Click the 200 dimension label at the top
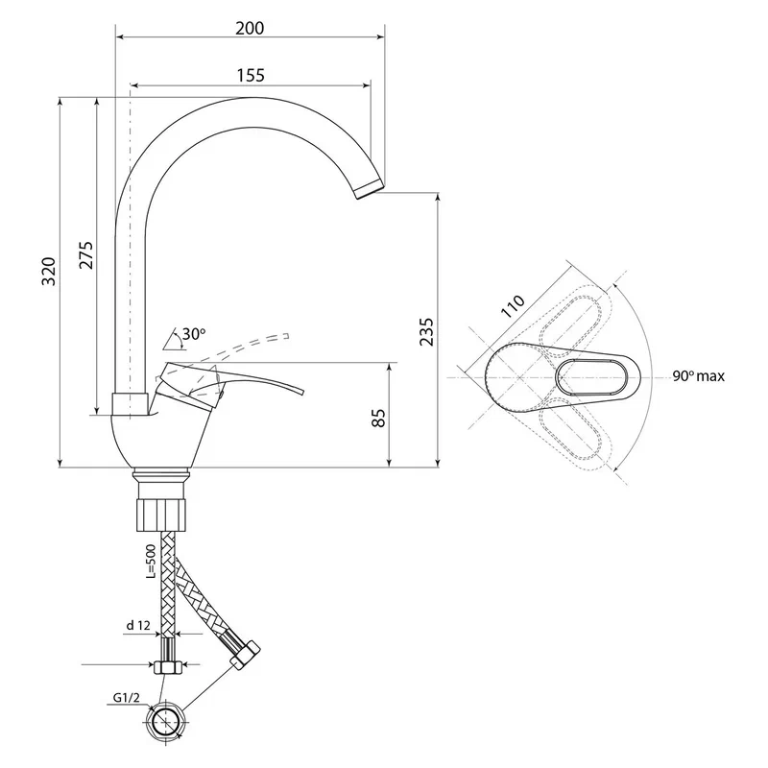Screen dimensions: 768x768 pyautogui.click(x=250, y=29)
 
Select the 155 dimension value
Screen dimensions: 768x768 pyautogui.click(x=251, y=76)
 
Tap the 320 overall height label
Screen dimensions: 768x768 pyautogui.click(x=49, y=271)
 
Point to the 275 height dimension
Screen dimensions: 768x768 pyautogui.click(x=86, y=254)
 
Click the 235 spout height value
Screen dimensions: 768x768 pyautogui.click(x=426, y=331)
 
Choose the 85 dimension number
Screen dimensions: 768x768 pyautogui.click(x=378, y=418)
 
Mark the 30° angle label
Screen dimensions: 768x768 pyautogui.click(x=194, y=334)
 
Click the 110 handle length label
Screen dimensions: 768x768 pyautogui.click(x=513, y=306)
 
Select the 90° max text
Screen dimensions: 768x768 pyautogui.click(x=698, y=376)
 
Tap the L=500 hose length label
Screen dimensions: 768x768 pyautogui.click(x=151, y=562)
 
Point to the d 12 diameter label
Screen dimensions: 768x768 pyautogui.click(x=138, y=626)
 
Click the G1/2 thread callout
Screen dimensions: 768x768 pyautogui.click(x=126, y=697)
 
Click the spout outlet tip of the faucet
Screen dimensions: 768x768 pyautogui.click(x=370, y=189)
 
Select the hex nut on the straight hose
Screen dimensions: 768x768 pyautogui.click(x=168, y=667)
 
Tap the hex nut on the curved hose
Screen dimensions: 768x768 pyautogui.click(x=245, y=656)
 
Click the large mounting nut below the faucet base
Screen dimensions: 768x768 pyautogui.click(x=161, y=515)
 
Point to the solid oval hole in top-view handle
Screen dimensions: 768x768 pyautogui.click(x=592, y=377)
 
